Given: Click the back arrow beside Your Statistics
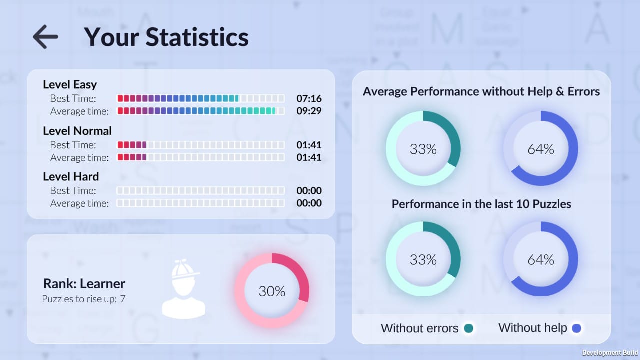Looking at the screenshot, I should [x=45, y=37].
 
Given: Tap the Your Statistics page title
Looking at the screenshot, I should [x=166, y=37].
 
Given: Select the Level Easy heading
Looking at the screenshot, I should [x=70, y=84].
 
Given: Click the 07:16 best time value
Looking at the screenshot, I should [x=309, y=98].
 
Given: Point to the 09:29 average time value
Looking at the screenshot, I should [x=309, y=111].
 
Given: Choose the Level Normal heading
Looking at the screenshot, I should [x=77, y=131].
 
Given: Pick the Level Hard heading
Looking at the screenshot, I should [x=71, y=176].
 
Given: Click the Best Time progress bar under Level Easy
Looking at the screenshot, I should [x=201, y=98].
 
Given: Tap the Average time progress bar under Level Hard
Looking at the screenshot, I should [x=201, y=203].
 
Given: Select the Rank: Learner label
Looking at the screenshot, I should [x=84, y=284].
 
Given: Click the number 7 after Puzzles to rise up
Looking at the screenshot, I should [x=123, y=299].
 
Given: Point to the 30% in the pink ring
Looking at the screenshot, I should [x=272, y=291].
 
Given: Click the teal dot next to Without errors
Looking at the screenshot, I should [x=468, y=328].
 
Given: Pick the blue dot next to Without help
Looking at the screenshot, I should [x=576, y=328].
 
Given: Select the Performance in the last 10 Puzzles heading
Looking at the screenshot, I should [x=481, y=204].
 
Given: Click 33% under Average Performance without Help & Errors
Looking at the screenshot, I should [x=423, y=149].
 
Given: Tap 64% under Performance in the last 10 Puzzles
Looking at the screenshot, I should [x=541, y=260].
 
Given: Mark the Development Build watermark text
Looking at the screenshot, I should [x=610, y=353].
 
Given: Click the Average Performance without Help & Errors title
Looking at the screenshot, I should [x=481, y=91].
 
